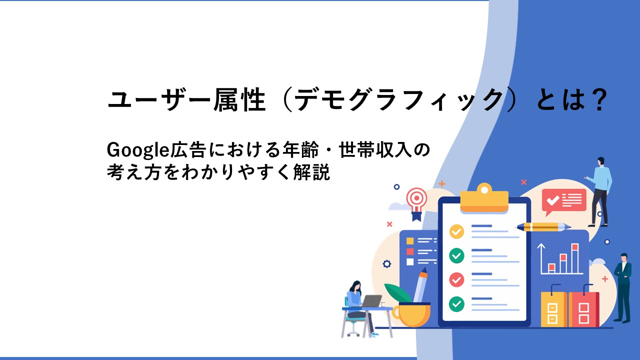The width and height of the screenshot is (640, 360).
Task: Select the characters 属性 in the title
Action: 239,99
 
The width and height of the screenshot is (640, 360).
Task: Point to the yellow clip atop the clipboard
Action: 484,198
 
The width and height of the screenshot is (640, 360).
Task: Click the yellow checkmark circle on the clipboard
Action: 456,231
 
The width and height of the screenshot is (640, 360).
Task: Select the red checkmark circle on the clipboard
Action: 456,279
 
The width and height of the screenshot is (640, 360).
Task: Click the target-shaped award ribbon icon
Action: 417,203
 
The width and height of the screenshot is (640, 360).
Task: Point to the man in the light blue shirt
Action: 600,191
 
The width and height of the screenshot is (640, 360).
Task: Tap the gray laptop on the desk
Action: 371,301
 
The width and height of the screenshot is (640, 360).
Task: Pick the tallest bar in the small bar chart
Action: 575,258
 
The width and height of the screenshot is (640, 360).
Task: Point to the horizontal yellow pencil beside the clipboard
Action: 542,227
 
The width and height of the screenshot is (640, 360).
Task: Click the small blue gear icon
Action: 387,263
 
